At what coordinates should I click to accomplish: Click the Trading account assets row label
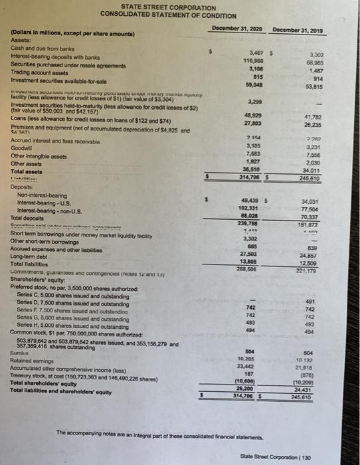click(x=39, y=72)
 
